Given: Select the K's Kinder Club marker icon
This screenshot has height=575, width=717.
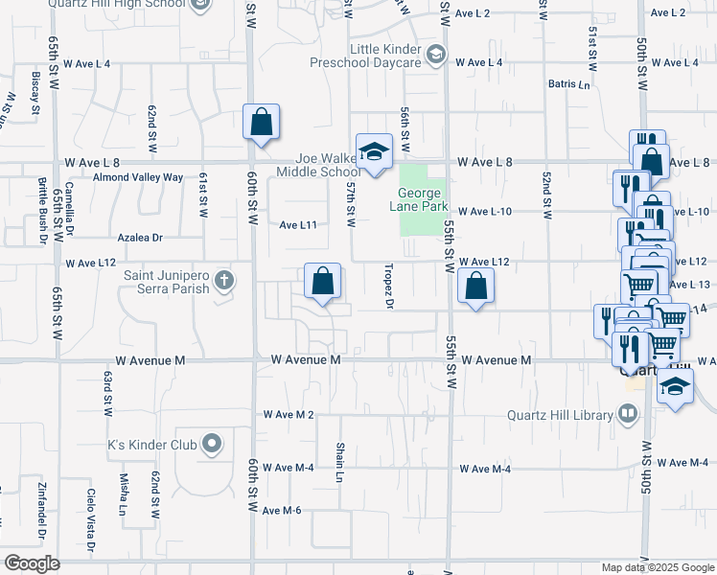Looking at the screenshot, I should [x=212, y=444].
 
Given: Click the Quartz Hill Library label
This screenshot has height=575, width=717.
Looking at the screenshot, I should [x=560, y=415].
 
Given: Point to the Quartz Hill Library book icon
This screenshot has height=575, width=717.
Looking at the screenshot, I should [x=628, y=414].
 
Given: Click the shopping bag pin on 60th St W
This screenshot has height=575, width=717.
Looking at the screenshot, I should [x=261, y=123].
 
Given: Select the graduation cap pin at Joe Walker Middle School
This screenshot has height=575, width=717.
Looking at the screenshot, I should [x=374, y=151].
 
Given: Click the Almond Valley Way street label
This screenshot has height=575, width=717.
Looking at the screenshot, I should [x=137, y=177].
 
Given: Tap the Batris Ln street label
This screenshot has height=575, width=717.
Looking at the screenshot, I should [x=569, y=84].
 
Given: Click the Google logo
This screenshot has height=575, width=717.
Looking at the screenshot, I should [x=32, y=563].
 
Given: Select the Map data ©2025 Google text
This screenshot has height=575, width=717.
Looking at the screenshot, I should [x=657, y=567].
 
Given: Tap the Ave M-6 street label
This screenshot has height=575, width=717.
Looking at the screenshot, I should [x=283, y=510].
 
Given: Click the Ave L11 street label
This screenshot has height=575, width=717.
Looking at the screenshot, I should [x=298, y=224].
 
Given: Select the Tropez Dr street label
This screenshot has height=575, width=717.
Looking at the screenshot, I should [x=389, y=287].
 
